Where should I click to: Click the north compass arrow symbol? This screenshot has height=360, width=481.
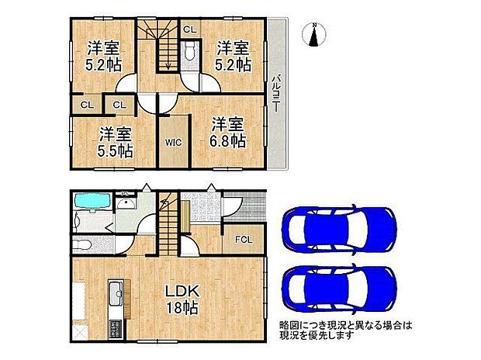click(x=314, y=36)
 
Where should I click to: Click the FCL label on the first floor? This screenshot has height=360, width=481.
click(x=244, y=239)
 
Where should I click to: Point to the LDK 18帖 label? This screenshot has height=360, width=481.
click(x=184, y=299)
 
